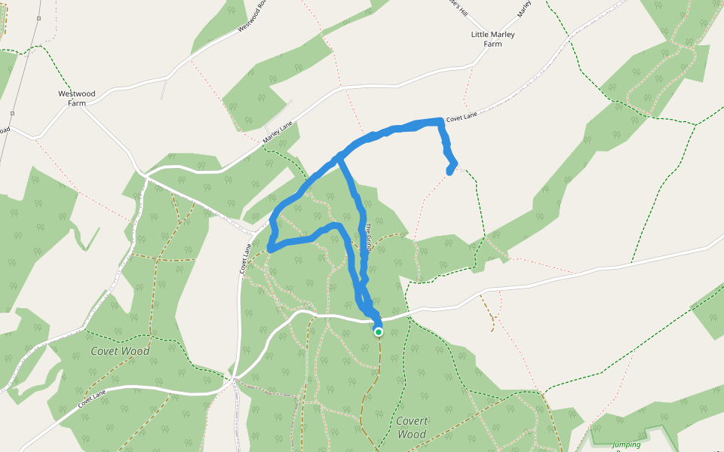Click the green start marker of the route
pyautogui.click(x=379, y=331)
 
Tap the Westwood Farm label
pyautogui.click(x=77, y=98)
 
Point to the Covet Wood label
pyautogui.click(x=120, y=351)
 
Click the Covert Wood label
pyautogui.click(x=413, y=427)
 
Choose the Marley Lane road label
pyautogui.click(x=277, y=135)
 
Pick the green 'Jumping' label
pyautogui.click(x=627, y=444)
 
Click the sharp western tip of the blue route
pyautogui.click(x=269, y=247)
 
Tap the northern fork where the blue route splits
pyautogui.click(x=341, y=157)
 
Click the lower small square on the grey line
pyautogui.click(x=13, y=113)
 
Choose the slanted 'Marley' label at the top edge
pyautogui.click(x=524, y=9)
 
